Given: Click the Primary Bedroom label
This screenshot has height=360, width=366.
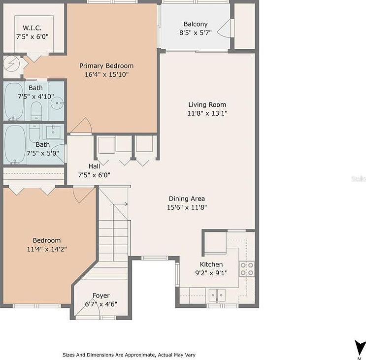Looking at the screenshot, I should pos(106,66).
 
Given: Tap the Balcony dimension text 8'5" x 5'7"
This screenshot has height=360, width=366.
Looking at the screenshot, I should pos(196,33).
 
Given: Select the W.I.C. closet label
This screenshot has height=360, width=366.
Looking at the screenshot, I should pos(32,28).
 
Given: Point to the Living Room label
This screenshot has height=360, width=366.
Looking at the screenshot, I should pos(207,104).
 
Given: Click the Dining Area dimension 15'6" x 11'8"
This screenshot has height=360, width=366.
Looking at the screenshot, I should pos(187,207).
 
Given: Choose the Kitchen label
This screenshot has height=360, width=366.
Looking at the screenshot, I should pos(211,264).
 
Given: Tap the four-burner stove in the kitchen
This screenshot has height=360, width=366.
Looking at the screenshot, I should pos(247,268).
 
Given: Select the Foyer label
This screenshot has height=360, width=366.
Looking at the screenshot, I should pos(101,295).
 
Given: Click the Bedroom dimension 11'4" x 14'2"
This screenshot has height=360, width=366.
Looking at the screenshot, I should pos(47,249).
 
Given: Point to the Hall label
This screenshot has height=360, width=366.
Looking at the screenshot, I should pos(94,166).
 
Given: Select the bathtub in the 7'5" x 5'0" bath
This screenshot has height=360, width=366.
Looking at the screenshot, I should pos(15,143).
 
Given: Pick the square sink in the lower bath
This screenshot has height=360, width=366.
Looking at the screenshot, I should pos(53,131).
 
